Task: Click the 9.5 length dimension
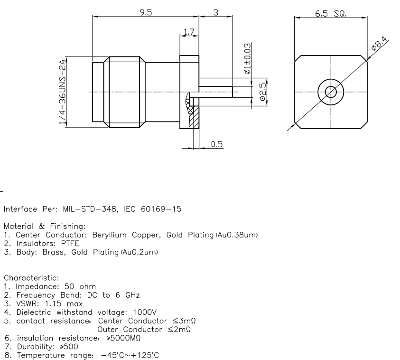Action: (x=145, y=13)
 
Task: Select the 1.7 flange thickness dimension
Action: (x=188, y=33)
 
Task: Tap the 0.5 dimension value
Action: (x=217, y=144)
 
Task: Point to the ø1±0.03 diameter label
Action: (x=247, y=58)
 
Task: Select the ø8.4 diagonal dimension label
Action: (x=380, y=45)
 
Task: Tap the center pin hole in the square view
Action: (x=330, y=91)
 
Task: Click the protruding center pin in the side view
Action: (x=216, y=91)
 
